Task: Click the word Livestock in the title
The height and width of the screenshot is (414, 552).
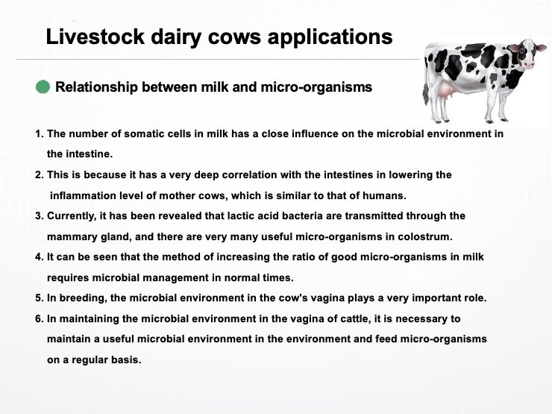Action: (95, 37)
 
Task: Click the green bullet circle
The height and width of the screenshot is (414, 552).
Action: (43, 87)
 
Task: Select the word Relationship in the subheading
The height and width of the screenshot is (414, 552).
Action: (96, 87)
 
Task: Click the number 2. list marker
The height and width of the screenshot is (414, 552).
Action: (40, 175)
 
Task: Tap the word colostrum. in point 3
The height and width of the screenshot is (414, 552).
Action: (425, 236)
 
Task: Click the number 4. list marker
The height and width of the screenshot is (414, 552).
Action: (40, 257)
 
